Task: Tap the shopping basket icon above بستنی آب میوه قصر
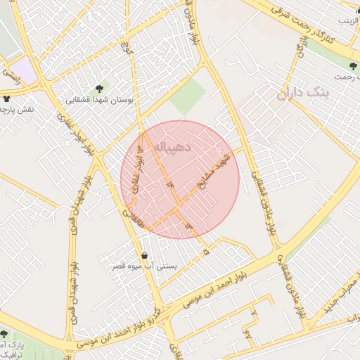(145, 255)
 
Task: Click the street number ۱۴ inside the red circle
(170, 182)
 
